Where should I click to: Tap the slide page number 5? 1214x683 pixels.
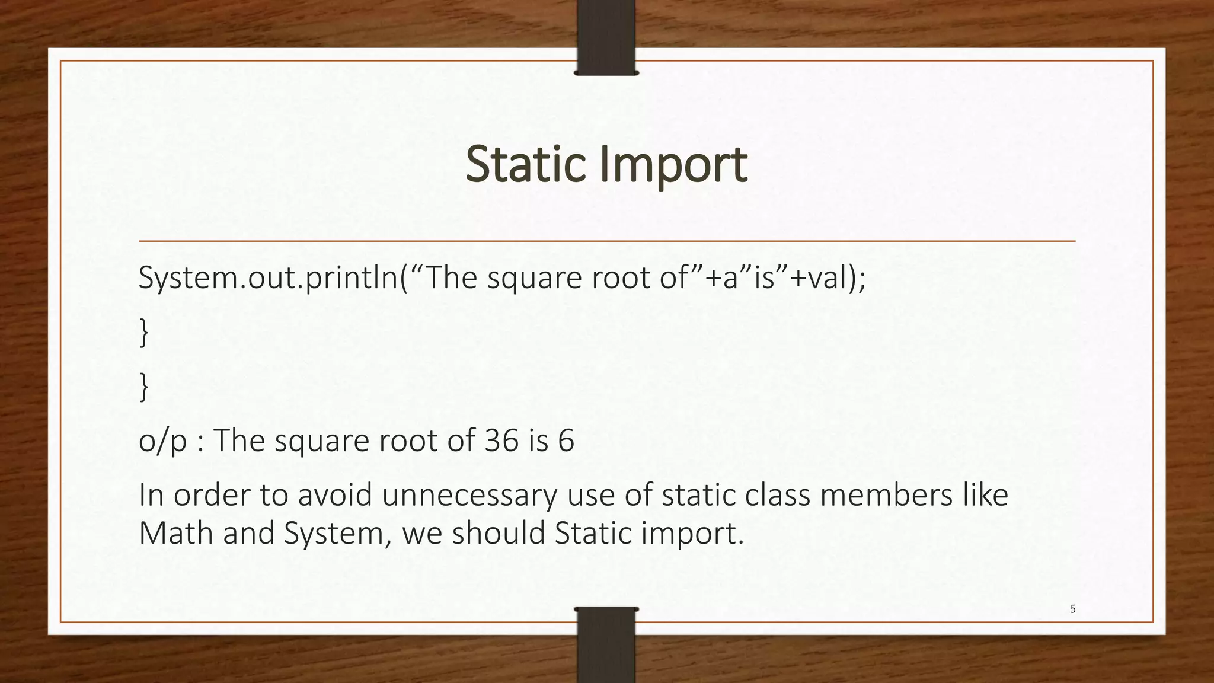coord(1072,609)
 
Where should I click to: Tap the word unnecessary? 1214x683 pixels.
coord(469,496)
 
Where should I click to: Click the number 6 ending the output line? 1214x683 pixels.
coord(566,441)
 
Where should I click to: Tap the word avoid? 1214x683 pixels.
coord(334,496)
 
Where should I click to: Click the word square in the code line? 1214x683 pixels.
coord(534,277)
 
